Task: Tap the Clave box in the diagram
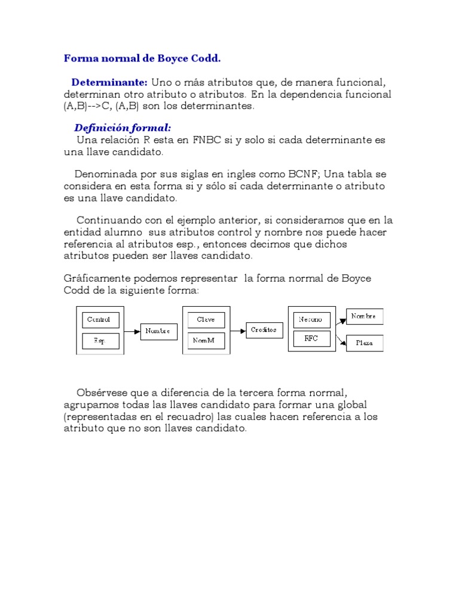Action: click(206, 320)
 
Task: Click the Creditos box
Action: click(264, 330)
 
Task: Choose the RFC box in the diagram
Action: click(311, 339)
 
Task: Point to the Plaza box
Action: click(365, 343)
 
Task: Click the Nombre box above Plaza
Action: click(365, 317)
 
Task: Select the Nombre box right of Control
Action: click(158, 331)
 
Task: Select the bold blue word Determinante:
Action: click(109, 82)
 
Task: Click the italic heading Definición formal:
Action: click(123, 128)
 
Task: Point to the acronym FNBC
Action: click(207, 140)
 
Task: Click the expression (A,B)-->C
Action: click(88, 107)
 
